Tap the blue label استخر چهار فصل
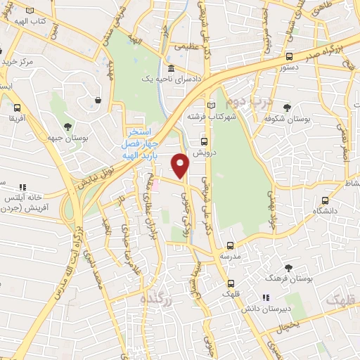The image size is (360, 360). point(143,131)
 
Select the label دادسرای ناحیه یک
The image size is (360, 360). point(170,79)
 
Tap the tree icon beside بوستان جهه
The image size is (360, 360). point(67,127)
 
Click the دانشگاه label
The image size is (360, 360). point(316,211)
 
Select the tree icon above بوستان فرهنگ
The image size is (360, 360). point(288,268)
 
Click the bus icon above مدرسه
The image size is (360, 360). point(230,245)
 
